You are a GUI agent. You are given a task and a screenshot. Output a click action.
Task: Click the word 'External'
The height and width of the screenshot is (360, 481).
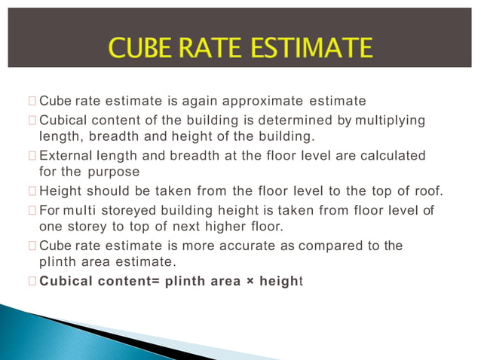click(62, 155)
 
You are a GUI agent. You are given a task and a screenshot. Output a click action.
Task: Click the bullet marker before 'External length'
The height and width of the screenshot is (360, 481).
click(30, 156)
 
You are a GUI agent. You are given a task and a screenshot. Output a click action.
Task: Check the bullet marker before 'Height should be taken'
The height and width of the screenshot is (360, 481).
click(30, 191)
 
